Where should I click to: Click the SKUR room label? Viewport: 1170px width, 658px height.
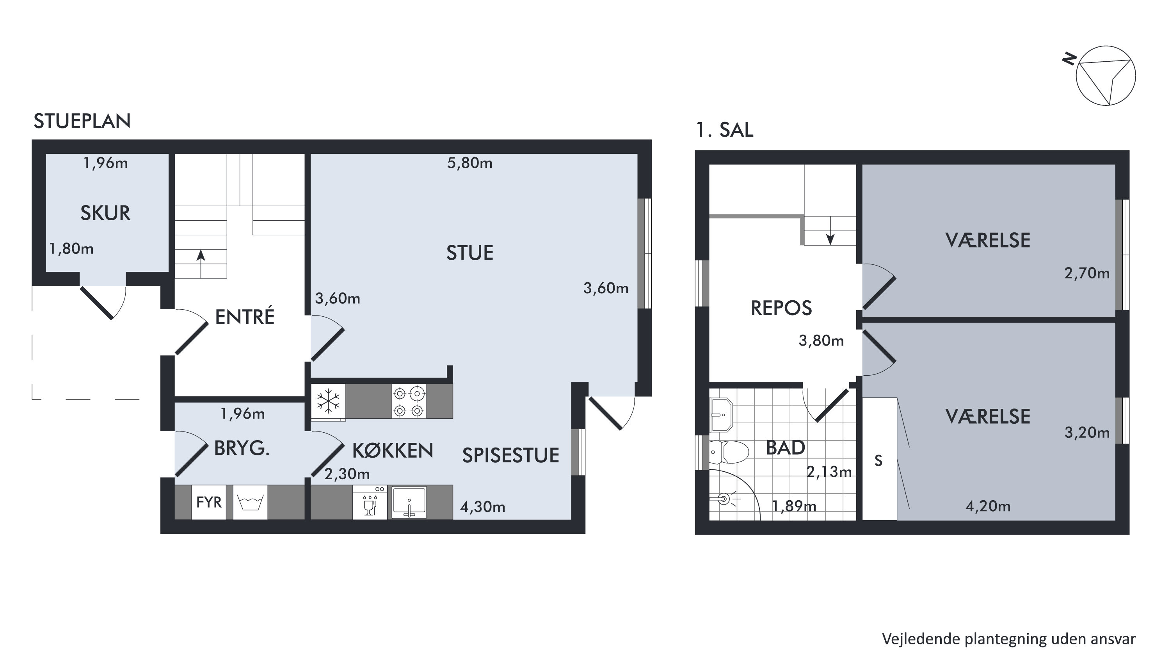[x=105, y=213]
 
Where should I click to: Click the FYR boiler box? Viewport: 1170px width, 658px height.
[x=209, y=502]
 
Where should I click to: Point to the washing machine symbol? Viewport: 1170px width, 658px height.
[x=250, y=502]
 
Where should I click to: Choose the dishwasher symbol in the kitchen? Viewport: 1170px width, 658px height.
[x=370, y=502]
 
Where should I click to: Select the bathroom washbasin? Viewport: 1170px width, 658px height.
[x=721, y=415]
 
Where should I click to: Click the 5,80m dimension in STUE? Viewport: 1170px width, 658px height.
[x=469, y=163]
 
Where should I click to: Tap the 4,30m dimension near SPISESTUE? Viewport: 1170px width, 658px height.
[x=483, y=507]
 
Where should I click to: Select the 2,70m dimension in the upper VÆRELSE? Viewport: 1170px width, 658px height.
[x=1087, y=274]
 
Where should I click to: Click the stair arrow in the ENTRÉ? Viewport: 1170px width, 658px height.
[x=201, y=264]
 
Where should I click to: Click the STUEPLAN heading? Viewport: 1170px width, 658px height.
[x=82, y=121]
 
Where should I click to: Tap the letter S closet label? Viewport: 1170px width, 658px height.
[x=878, y=461]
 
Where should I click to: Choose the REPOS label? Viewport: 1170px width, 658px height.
[x=781, y=308]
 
